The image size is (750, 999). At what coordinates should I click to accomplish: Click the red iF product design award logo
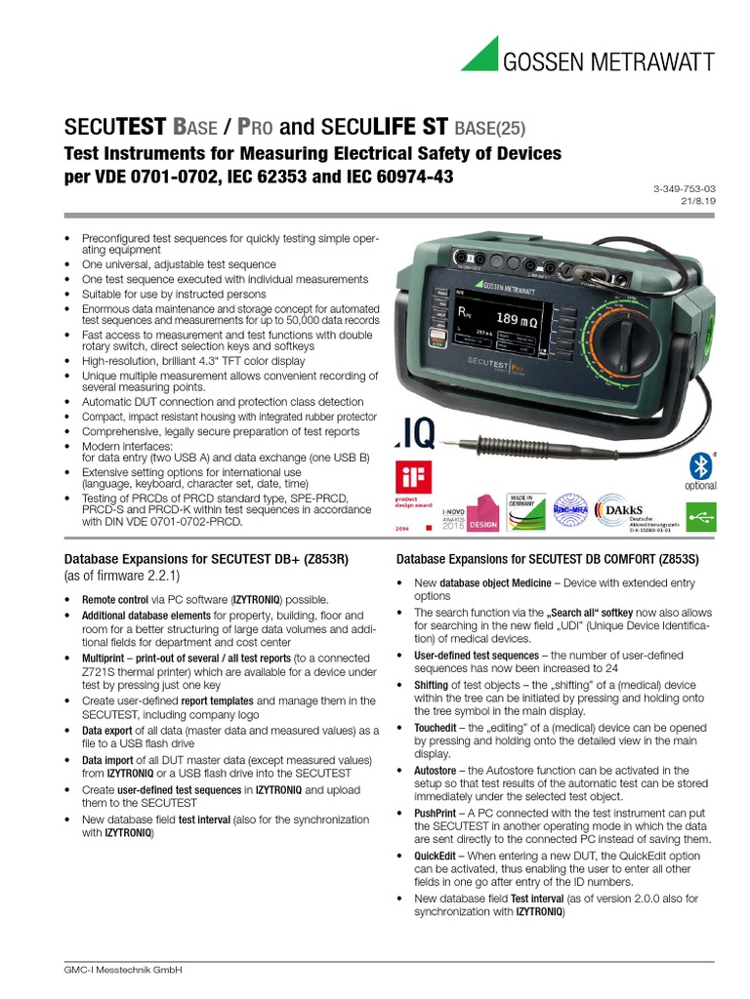click(411, 486)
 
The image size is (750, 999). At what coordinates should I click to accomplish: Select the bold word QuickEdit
click(432, 855)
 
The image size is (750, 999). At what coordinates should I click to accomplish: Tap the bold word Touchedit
click(434, 728)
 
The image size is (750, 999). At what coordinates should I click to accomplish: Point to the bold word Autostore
click(434, 771)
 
